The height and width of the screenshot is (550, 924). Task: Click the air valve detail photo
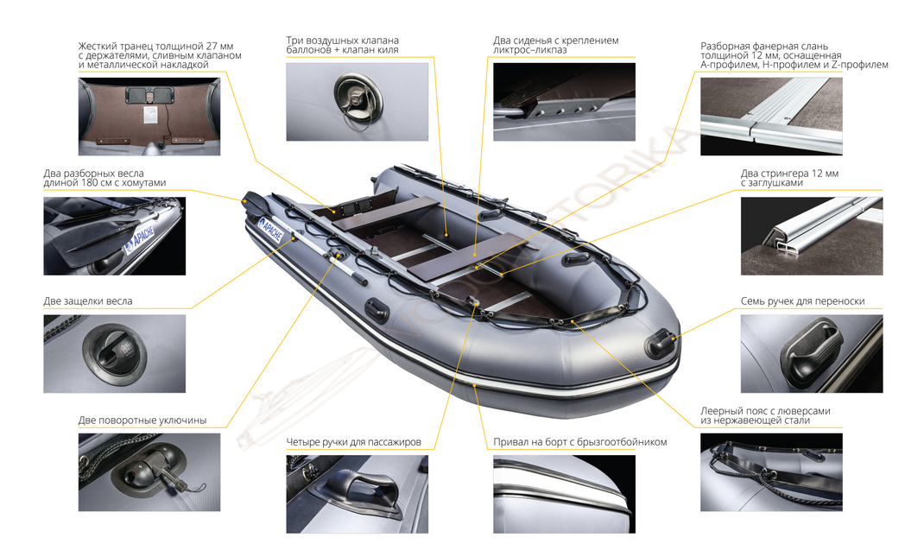(x=358, y=101)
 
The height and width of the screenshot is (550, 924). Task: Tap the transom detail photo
(x=149, y=117)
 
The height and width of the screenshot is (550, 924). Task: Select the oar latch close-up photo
(x=114, y=354)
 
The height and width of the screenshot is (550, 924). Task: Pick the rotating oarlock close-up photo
(x=149, y=472)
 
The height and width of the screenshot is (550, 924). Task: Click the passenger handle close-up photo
(x=358, y=494)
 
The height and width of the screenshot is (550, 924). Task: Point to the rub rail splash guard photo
(x=564, y=494)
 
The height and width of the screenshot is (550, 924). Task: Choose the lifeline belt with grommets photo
(x=771, y=472)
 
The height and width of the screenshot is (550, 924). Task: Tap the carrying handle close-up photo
(x=812, y=354)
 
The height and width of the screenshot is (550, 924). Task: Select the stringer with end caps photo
(x=812, y=236)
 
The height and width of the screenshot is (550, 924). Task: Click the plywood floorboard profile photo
(x=771, y=117)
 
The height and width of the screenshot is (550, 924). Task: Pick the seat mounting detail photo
(x=564, y=101)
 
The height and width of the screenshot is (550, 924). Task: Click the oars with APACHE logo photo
(x=114, y=236)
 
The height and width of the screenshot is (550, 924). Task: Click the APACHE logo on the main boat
(x=271, y=230)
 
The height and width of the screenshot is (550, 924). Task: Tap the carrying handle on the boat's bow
(x=660, y=343)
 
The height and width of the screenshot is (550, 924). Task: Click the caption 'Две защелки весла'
(x=88, y=301)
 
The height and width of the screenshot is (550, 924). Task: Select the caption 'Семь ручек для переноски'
(x=802, y=301)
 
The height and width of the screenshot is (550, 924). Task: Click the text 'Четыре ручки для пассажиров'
(x=353, y=442)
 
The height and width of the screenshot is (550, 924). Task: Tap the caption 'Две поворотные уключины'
(x=142, y=420)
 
